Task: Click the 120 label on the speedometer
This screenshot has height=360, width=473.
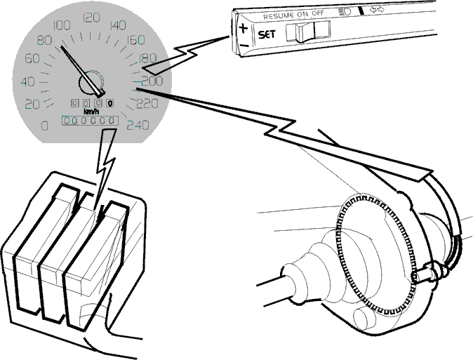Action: tap(91, 18)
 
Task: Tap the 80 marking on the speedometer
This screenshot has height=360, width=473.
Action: tap(44, 40)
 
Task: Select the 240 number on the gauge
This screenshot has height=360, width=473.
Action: tap(138, 125)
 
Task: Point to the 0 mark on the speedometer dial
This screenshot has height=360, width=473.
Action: tap(45, 125)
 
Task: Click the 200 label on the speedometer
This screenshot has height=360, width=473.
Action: tap(152, 81)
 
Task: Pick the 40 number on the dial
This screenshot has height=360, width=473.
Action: tap(28, 81)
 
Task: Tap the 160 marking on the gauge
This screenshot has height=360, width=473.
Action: tap(135, 39)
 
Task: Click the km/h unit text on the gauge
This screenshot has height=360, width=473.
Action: tap(92, 112)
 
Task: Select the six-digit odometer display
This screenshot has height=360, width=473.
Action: tap(90, 121)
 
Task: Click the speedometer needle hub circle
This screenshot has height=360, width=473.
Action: tap(91, 82)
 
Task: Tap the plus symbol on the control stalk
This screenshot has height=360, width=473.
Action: tap(243, 29)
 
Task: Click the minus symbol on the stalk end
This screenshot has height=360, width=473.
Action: tap(244, 46)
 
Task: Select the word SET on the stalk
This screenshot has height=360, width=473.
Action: tap(267, 34)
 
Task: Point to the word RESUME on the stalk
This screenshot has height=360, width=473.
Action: tap(279, 16)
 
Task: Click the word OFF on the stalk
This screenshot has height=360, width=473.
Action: tap(318, 13)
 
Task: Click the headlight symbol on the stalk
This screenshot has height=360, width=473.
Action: tap(345, 11)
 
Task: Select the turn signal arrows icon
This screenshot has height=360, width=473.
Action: tap(377, 10)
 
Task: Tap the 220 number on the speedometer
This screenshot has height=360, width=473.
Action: tap(147, 103)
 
